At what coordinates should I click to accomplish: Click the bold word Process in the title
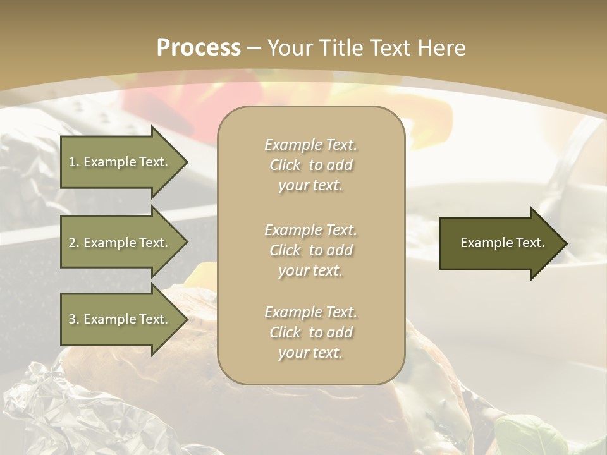coord(199,48)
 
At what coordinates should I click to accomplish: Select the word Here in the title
coord(440,48)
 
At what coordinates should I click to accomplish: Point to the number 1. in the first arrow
coord(74,162)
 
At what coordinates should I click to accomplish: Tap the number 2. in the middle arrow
coord(74,243)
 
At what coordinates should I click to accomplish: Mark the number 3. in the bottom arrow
coord(74,319)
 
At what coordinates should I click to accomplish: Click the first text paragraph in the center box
coord(310,165)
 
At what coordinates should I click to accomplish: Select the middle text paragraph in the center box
coord(310,250)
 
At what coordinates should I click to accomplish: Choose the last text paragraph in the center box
coord(310,332)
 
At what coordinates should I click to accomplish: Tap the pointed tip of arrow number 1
coord(186,162)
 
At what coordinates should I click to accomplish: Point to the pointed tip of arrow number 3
coord(186,319)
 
